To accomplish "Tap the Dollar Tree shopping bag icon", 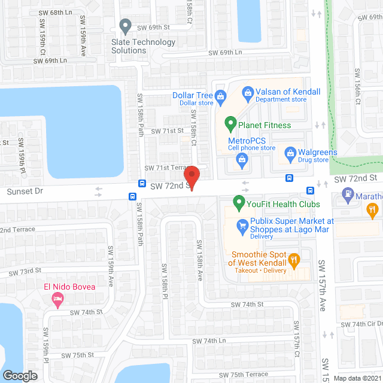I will pos(221,96).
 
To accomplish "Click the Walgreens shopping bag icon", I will pos(290,153).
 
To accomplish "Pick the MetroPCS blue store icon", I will pos(241,159).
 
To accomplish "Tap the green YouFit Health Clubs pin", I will pos(239,202).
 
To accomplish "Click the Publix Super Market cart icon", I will pos(242,225).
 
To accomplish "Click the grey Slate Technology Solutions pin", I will pos(125,26).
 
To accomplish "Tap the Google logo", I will pos(20,376).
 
